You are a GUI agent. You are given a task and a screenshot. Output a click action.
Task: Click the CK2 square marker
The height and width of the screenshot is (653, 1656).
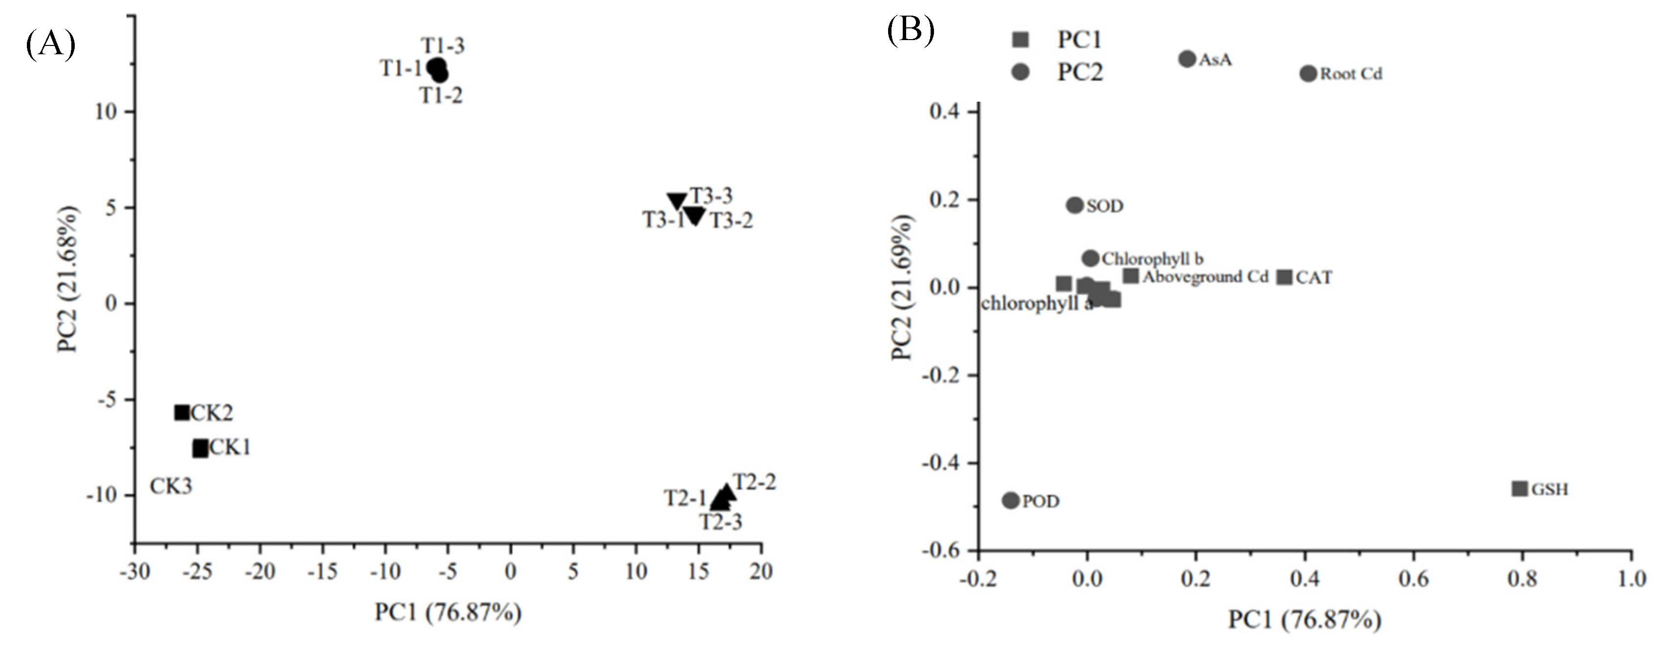coord(182,413)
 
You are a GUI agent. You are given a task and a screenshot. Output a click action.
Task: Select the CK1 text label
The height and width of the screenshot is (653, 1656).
coord(230,447)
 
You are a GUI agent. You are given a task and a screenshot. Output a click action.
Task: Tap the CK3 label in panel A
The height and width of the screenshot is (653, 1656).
coord(171,486)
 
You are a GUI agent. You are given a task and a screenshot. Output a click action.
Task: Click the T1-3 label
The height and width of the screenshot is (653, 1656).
coord(443,45)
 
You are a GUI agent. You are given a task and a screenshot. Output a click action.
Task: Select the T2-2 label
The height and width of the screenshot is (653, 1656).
coord(755,482)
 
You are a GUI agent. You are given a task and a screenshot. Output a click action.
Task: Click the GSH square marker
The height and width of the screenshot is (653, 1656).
coord(1519,488)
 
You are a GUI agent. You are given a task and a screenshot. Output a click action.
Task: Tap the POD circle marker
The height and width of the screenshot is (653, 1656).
coord(1011,500)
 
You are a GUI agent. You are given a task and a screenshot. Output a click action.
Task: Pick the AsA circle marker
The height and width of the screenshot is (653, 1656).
coord(1187,59)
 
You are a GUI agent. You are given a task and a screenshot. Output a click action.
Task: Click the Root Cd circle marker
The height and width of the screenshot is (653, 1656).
coord(1308,73)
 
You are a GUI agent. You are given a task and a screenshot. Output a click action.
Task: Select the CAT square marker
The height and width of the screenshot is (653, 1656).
coord(1284,277)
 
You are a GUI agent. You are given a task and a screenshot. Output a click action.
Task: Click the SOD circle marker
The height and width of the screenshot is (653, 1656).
coord(1074,205)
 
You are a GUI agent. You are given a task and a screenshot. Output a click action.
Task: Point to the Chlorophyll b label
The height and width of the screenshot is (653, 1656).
coord(1153,259)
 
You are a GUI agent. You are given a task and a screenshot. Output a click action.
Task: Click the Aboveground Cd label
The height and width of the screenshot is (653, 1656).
coord(1205,277)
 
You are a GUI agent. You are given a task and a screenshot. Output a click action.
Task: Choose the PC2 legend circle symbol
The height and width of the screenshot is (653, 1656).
coord(1020,71)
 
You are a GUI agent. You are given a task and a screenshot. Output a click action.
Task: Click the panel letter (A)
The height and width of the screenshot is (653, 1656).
coord(50,45)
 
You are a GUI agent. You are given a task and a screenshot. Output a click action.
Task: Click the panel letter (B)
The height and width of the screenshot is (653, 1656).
coord(910,30)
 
